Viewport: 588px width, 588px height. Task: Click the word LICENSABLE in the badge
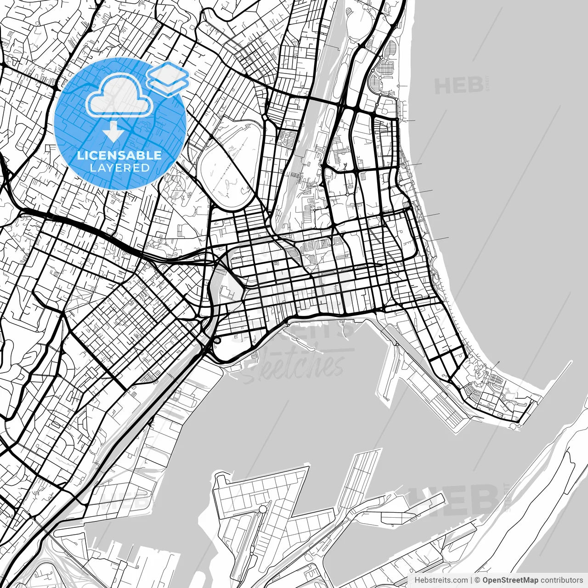119,155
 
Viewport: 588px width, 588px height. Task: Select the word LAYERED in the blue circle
119,168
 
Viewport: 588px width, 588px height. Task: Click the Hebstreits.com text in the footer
441,580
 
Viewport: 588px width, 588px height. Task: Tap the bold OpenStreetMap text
510,580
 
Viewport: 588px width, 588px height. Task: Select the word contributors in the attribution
561,580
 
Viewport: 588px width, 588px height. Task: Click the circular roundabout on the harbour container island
262,509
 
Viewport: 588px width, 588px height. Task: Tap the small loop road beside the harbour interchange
216,341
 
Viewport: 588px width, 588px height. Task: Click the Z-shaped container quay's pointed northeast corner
307,469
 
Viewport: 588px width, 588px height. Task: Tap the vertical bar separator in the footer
472,580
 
